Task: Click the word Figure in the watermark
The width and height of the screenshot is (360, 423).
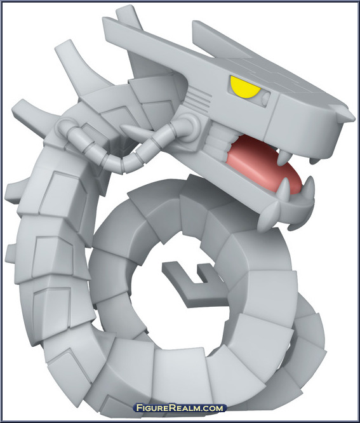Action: (152, 408)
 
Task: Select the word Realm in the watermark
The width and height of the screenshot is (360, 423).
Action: (183, 408)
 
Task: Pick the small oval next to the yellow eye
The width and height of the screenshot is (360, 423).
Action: (266, 98)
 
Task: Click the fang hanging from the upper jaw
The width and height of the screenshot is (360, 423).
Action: (281, 157)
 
